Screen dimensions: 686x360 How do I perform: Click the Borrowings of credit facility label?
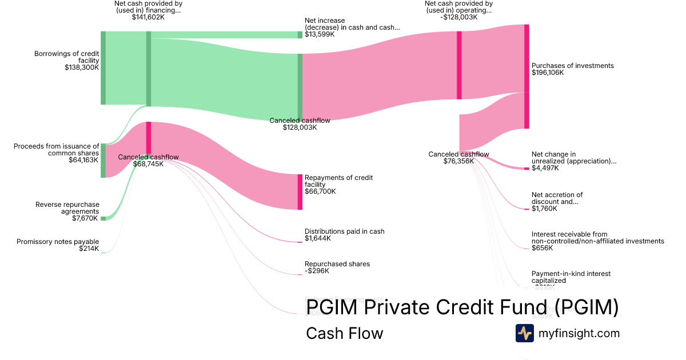66,57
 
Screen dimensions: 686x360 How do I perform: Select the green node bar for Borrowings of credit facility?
103,68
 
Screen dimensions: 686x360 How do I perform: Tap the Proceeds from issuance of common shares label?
56,150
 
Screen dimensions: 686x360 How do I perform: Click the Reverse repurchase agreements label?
67,208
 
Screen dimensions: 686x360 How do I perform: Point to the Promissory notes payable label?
58,242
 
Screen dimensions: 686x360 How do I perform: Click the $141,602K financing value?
148,17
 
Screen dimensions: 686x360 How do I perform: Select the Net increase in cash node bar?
300,35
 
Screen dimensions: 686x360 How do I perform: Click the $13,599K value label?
320,35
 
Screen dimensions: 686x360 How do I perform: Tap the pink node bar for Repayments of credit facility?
300,192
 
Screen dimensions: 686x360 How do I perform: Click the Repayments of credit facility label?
338,181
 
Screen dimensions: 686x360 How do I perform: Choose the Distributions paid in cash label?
344,231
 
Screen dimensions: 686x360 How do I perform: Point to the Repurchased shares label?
337,264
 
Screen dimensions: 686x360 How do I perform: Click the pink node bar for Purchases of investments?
527,77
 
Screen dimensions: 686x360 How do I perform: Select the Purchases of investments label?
572,66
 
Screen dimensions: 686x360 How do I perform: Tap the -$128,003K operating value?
458,17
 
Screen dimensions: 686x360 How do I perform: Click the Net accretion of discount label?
557,198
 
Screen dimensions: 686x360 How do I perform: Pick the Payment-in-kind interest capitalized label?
571,277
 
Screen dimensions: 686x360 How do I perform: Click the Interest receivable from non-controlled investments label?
597,238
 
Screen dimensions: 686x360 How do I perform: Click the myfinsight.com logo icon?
524,333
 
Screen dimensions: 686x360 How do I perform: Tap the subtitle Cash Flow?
344,333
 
